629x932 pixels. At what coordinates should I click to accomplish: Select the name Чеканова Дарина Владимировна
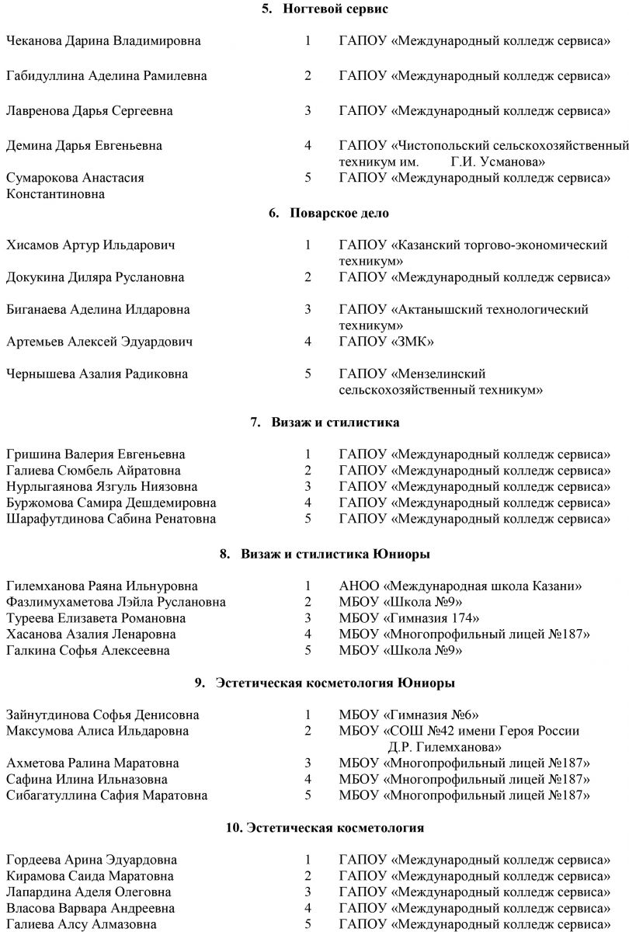tap(103, 41)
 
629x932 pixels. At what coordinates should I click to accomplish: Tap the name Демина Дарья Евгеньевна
tap(84, 145)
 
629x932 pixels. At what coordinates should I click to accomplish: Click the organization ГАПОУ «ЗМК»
tap(386, 341)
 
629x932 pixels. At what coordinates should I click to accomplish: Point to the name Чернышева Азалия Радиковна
tap(97, 374)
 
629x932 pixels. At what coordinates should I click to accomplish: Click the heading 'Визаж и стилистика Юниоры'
tap(335, 554)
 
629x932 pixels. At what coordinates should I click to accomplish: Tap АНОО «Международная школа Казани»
tap(461, 586)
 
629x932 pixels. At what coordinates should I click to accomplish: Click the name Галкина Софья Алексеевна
tap(88, 651)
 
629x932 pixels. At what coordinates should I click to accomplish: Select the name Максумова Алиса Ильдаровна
tap(97, 731)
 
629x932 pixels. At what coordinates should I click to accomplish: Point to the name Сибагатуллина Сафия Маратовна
tap(107, 795)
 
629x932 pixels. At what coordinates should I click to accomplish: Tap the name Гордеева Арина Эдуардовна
tap(92, 860)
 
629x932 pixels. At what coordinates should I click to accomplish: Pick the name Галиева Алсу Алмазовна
tap(81, 924)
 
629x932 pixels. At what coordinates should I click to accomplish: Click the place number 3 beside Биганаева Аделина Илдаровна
tap(308, 309)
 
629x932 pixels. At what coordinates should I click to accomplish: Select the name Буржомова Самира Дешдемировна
tap(110, 503)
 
